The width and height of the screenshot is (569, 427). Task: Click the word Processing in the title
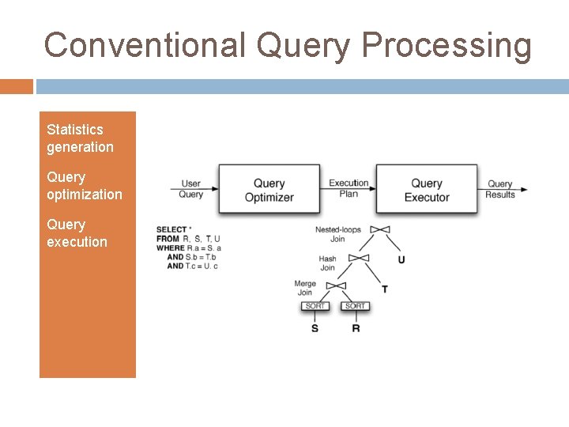click(x=447, y=45)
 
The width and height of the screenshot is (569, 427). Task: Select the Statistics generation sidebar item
click(x=80, y=138)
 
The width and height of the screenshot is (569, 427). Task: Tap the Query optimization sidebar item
click(x=85, y=186)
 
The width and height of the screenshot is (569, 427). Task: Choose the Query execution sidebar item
click(x=77, y=233)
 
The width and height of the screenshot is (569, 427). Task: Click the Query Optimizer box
click(x=269, y=190)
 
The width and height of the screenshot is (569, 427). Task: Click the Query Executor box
click(x=427, y=190)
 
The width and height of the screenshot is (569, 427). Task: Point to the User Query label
click(x=190, y=189)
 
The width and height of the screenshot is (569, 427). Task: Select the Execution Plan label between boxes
click(x=349, y=188)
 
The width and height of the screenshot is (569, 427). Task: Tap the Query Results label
click(x=499, y=189)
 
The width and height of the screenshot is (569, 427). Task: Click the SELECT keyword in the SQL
click(x=171, y=230)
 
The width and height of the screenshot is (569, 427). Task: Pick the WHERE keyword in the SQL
click(x=171, y=248)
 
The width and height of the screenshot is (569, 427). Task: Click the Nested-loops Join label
click(x=337, y=234)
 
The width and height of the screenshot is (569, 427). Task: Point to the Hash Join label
click(x=327, y=263)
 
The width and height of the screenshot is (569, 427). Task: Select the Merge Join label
click(x=305, y=288)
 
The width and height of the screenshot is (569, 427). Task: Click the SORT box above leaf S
click(x=315, y=306)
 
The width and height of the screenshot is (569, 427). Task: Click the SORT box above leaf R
click(x=356, y=306)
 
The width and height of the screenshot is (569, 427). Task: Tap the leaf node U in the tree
click(x=401, y=259)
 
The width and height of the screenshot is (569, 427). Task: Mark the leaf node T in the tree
click(x=385, y=289)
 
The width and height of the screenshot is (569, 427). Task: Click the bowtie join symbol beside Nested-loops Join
click(x=380, y=230)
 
